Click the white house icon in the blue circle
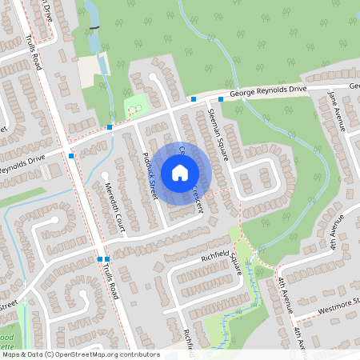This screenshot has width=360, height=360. (x=180, y=172)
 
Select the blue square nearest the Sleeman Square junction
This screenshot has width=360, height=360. (x=221, y=99)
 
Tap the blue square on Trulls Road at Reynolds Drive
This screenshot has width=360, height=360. (x=71, y=156)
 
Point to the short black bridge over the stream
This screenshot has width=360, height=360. (x=96, y=29)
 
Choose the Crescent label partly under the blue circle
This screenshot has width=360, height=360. (x=197, y=198)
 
